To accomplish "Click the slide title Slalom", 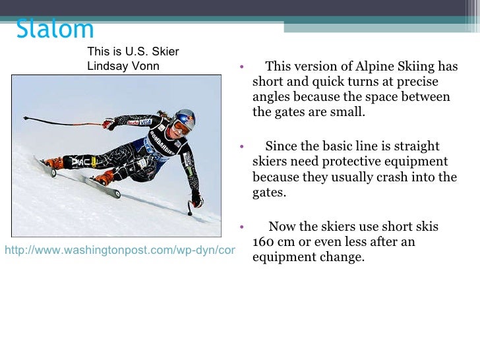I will (55, 30).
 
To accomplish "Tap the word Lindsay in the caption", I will (106, 66).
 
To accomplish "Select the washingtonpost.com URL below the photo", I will (119, 251).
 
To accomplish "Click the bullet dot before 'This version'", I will (242, 67).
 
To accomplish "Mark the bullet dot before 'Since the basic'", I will (242, 146).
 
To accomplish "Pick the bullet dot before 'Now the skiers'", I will (242, 227).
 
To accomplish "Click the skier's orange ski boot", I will (104, 177).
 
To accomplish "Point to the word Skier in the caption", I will (164, 51).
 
